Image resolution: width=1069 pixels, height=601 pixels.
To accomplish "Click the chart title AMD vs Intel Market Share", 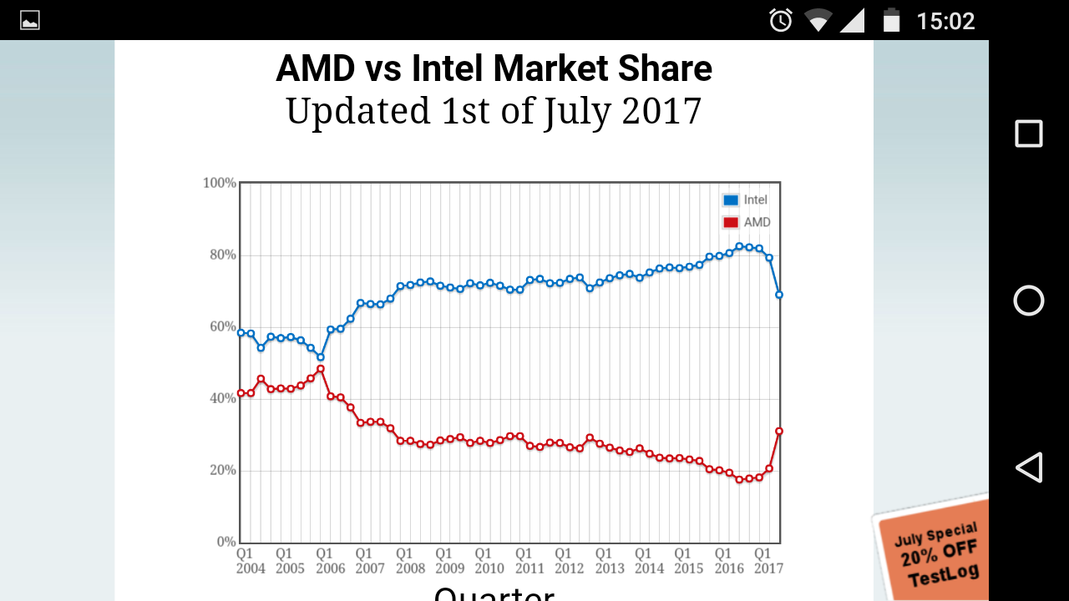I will pos(494,68).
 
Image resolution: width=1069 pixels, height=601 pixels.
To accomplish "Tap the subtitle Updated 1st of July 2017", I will pos(494,111).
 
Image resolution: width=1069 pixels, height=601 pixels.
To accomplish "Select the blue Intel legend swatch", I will pos(731,200).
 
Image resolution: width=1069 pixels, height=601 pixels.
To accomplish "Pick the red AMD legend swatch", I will pos(731,223).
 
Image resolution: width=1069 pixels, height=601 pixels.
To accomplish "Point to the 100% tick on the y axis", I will pos(220,183).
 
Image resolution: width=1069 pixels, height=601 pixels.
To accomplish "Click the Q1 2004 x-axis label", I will pos(250,561).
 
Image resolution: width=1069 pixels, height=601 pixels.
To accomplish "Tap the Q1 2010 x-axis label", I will pos(489,561).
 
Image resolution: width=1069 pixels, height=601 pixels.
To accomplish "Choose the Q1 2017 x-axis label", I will pos(768,561).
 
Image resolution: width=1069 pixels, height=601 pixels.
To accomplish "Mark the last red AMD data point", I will pos(779,431).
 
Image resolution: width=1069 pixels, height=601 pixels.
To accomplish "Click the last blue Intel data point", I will pos(779,295).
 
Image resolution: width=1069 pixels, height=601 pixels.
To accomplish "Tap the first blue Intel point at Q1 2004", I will pos(241,332).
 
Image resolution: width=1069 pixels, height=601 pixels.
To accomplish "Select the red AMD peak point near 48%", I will pos(320,369).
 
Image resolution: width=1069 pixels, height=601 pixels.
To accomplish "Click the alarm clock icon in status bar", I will pos(781,20).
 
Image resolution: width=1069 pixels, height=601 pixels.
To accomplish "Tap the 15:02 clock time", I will pos(945,20).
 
